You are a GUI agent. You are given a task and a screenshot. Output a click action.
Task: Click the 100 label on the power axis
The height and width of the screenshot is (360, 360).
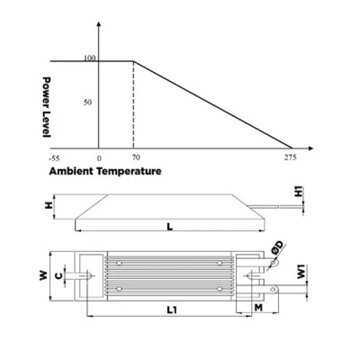click(90, 58)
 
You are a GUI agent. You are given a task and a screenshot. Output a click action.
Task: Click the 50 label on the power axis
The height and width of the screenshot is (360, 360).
click(87, 103)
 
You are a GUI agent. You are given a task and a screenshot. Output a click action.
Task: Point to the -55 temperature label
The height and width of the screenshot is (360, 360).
click(54, 158)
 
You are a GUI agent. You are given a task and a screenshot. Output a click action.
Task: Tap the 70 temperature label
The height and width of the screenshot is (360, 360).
click(136, 157)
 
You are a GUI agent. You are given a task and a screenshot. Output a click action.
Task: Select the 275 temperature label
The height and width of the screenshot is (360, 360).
click(291, 157)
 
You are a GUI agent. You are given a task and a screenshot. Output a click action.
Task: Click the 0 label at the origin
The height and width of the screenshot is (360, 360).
click(99, 158)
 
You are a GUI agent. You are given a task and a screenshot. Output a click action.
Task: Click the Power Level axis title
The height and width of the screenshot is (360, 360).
click(47, 107)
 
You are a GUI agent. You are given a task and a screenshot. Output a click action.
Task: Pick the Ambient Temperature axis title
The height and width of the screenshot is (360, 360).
click(105, 171)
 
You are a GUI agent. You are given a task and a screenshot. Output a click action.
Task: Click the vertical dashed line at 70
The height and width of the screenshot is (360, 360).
click(133, 105)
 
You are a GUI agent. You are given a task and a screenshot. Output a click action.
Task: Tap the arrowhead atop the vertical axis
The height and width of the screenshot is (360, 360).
click(99, 24)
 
